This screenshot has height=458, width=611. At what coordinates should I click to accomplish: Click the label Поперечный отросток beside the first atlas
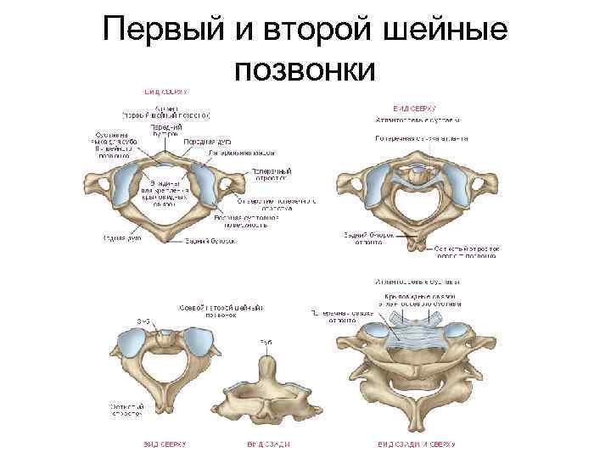click(x=272, y=174)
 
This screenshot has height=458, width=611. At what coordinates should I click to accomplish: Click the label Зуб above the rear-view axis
click(x=265, y=342)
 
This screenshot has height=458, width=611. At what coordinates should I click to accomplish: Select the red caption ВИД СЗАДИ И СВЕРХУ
click(x=416, y=444)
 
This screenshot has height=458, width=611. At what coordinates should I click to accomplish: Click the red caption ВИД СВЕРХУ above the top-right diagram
click(x=413, y=109)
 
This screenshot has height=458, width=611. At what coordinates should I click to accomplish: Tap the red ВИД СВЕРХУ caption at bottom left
click(x=163, y=444)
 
